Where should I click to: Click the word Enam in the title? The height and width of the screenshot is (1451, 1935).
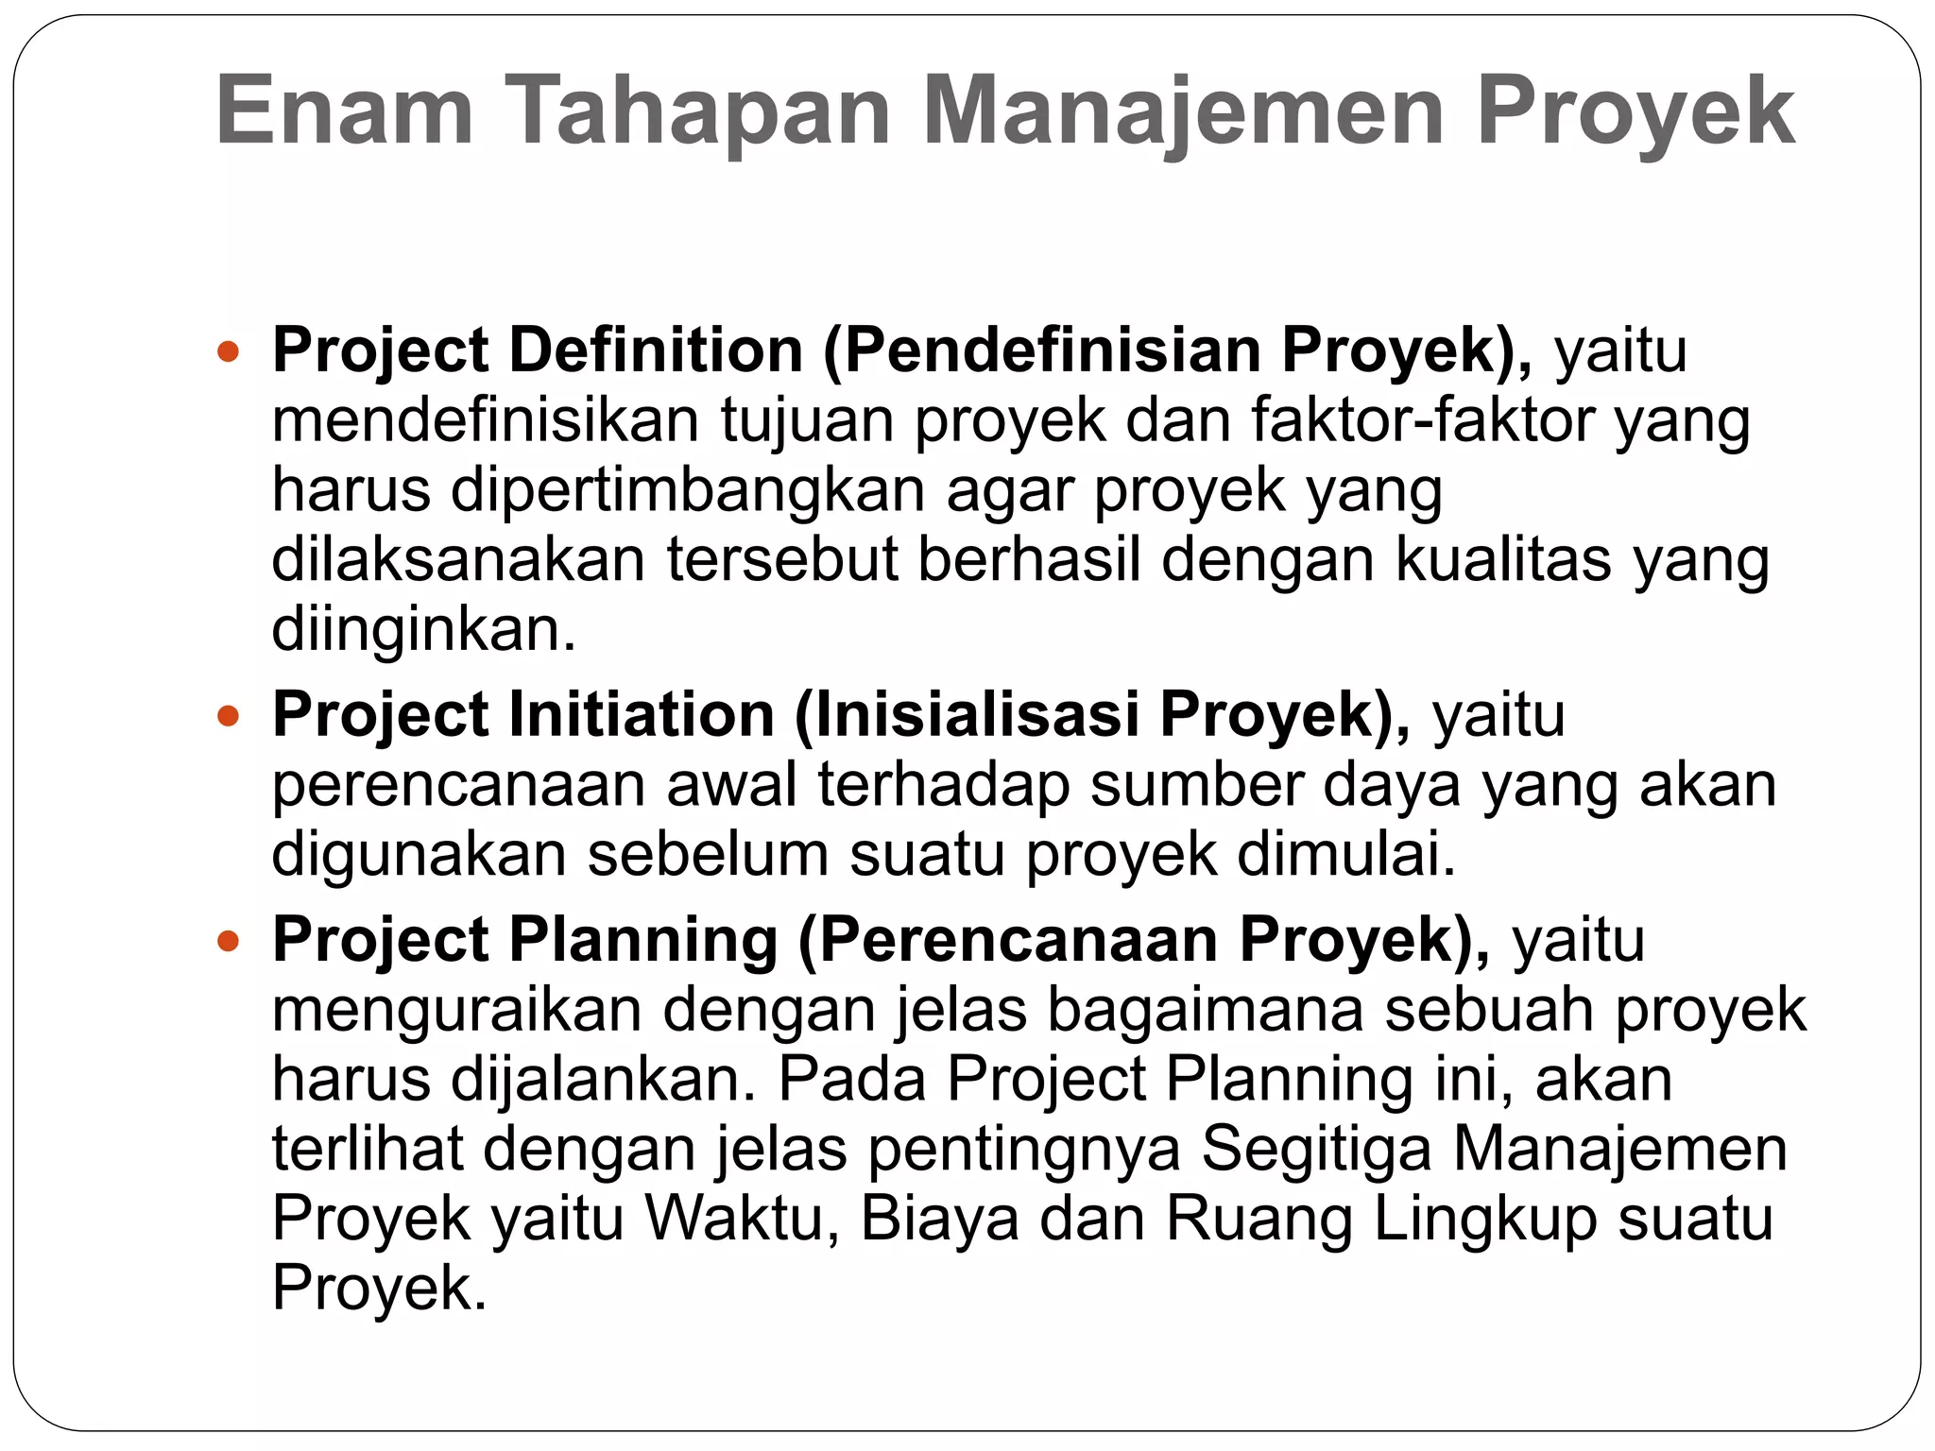(x=344, y=112)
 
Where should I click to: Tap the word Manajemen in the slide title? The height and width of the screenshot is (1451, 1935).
(x=1183, y=112)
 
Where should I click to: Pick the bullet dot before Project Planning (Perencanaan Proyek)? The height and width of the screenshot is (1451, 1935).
(x=229, y=942)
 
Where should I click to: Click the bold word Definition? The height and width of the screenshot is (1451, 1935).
(x=656, y=350)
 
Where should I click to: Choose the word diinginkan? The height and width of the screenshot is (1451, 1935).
(x=423, y=630)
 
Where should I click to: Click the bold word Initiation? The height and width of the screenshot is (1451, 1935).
(x=642, y=714)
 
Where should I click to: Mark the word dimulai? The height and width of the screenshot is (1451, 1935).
(x=1345, y=854)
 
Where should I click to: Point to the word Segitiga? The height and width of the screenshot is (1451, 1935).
(x=1316, y=1150)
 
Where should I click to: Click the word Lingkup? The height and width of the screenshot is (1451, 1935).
(x=1484, y=1220)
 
